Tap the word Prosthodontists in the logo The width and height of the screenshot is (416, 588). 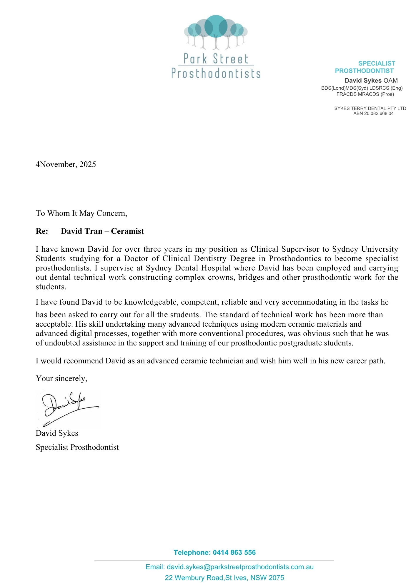216,73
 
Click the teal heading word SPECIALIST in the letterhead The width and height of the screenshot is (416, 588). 377,64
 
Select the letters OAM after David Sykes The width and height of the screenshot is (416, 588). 391,81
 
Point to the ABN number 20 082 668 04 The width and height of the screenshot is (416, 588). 379,113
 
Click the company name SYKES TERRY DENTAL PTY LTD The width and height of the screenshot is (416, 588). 370,108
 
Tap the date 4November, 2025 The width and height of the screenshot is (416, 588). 66,164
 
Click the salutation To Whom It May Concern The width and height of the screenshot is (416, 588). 81,213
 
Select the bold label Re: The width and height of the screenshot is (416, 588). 42,231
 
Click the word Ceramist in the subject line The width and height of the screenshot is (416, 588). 127,231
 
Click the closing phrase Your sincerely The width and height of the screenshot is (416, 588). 61,379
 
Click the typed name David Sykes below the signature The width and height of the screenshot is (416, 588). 57,433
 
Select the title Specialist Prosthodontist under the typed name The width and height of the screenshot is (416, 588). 77,447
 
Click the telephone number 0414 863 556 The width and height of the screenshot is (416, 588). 234,553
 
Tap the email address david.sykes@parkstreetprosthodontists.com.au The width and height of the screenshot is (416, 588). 240,567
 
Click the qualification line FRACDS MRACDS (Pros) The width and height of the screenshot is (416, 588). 365,94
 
